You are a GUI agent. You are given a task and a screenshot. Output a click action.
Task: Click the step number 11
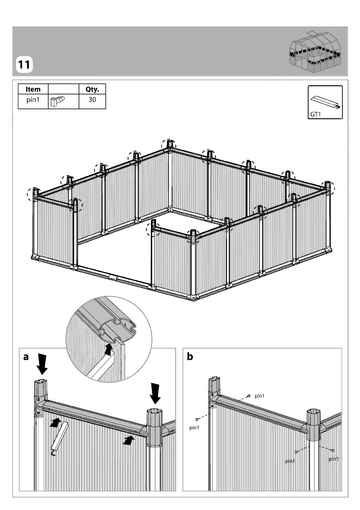click(24, 65)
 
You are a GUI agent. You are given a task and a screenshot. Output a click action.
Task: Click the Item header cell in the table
click(33, 89)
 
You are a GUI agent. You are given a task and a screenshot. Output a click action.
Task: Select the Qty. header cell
click(92, 89)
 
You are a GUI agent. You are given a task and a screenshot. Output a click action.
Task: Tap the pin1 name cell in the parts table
click(33, 100)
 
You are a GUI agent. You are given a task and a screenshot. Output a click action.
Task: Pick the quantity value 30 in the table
click(92, 100)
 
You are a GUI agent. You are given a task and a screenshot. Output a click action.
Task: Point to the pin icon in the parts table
click(57, 101)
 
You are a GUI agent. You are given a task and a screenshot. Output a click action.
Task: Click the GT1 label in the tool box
click(316, 114)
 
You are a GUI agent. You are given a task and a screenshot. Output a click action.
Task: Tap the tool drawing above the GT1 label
click(326, 102)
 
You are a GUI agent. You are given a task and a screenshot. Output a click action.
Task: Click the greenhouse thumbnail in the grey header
click(315, 52)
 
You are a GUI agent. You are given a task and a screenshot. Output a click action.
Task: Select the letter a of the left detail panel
click(26, 357)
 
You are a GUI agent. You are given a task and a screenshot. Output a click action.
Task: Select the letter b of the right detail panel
click(190, 356)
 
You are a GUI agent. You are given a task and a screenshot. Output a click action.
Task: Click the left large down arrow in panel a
click(42, 364)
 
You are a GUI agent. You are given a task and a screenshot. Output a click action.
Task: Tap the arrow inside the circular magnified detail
click(109, 349)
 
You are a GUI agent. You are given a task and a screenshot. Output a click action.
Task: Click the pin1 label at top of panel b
click(259, 396)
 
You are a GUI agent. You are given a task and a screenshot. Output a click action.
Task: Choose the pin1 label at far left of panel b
click(194, 428)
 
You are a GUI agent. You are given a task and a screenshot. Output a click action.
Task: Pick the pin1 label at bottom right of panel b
click(334, 459)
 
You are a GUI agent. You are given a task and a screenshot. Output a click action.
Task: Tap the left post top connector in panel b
click(214, 391)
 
